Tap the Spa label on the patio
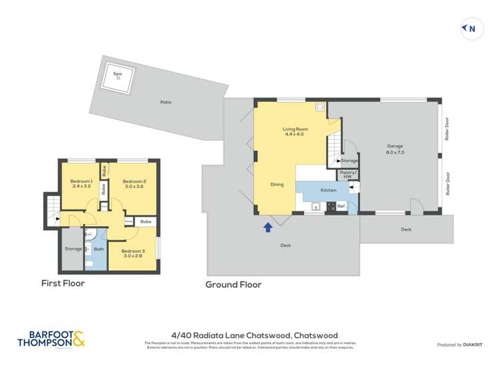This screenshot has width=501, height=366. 118,73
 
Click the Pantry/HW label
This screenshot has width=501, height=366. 348,175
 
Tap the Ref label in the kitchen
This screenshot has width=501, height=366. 340,205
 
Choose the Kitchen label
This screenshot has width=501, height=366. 329,191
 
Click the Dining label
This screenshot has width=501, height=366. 277,184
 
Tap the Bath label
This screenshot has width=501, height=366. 98,250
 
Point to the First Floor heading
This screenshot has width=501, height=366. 63,283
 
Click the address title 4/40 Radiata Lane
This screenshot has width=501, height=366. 254,335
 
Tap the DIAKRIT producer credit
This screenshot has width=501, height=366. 459,345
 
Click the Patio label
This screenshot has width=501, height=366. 166,102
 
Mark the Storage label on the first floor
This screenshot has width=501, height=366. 73,249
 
